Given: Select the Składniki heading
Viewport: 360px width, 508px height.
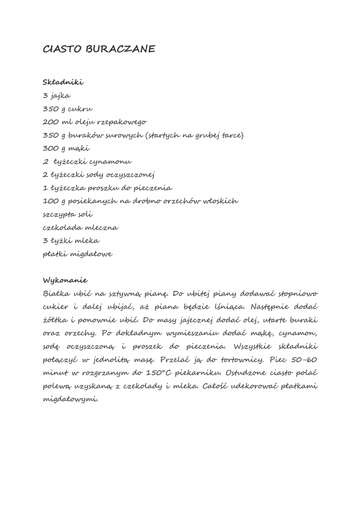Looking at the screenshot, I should [x=64, y=82].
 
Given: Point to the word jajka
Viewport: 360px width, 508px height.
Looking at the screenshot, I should [x=61, y=95].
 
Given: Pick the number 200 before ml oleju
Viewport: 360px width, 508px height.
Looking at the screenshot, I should [x=52, y=122].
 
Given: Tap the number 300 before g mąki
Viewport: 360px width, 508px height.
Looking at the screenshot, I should [x=52, y=148].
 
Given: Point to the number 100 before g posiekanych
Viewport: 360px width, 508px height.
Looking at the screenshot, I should [x=52, y=201].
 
